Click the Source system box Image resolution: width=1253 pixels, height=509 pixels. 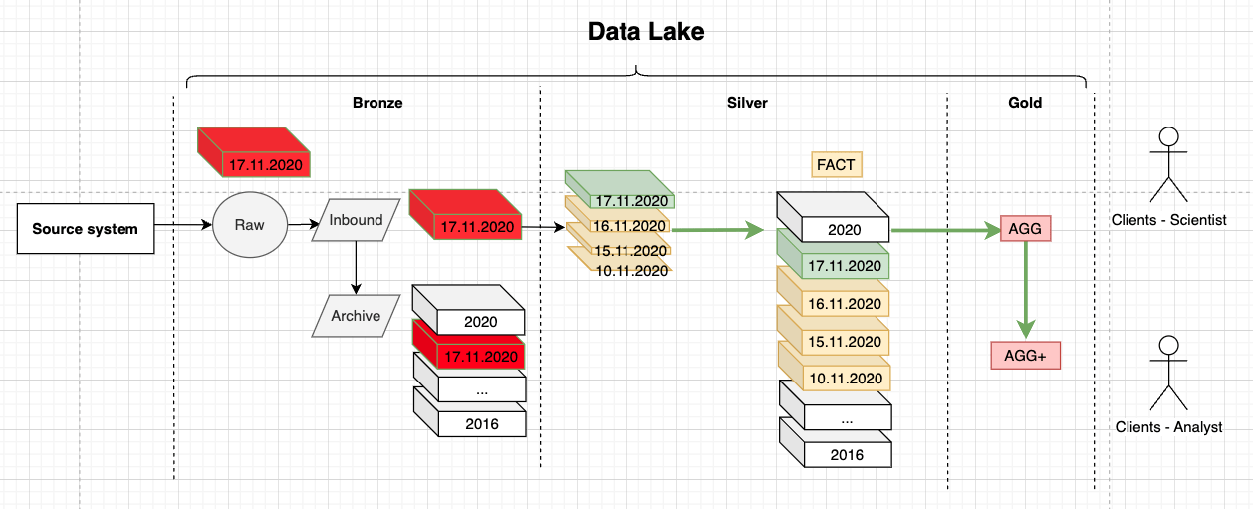click(85, 229)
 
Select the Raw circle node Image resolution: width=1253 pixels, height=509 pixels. click(249, 225)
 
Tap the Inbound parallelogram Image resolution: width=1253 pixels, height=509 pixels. click(356, 221)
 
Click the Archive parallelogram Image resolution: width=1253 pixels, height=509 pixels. click(356, 316)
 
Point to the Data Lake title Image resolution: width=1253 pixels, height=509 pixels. click(645, 32)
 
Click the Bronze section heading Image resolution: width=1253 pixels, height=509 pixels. click(377, 102)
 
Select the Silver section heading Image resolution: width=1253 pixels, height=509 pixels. click(747, 102)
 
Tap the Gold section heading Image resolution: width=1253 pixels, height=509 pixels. click(1025, 102)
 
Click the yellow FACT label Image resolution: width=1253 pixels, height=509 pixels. click(836, 164)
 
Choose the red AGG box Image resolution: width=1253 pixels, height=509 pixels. click(1025, 229)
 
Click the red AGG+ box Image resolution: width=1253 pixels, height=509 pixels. click(1025, 356)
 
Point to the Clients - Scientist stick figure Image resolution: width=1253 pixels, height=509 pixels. click(1168, 164)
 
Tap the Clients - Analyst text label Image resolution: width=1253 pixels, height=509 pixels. click(1168, 427)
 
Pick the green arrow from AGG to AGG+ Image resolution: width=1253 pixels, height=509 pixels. click(1025, 289)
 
